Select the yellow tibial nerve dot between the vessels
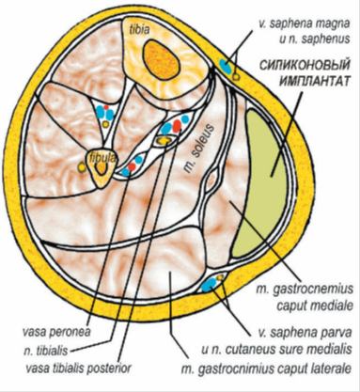tap(166, 137)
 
